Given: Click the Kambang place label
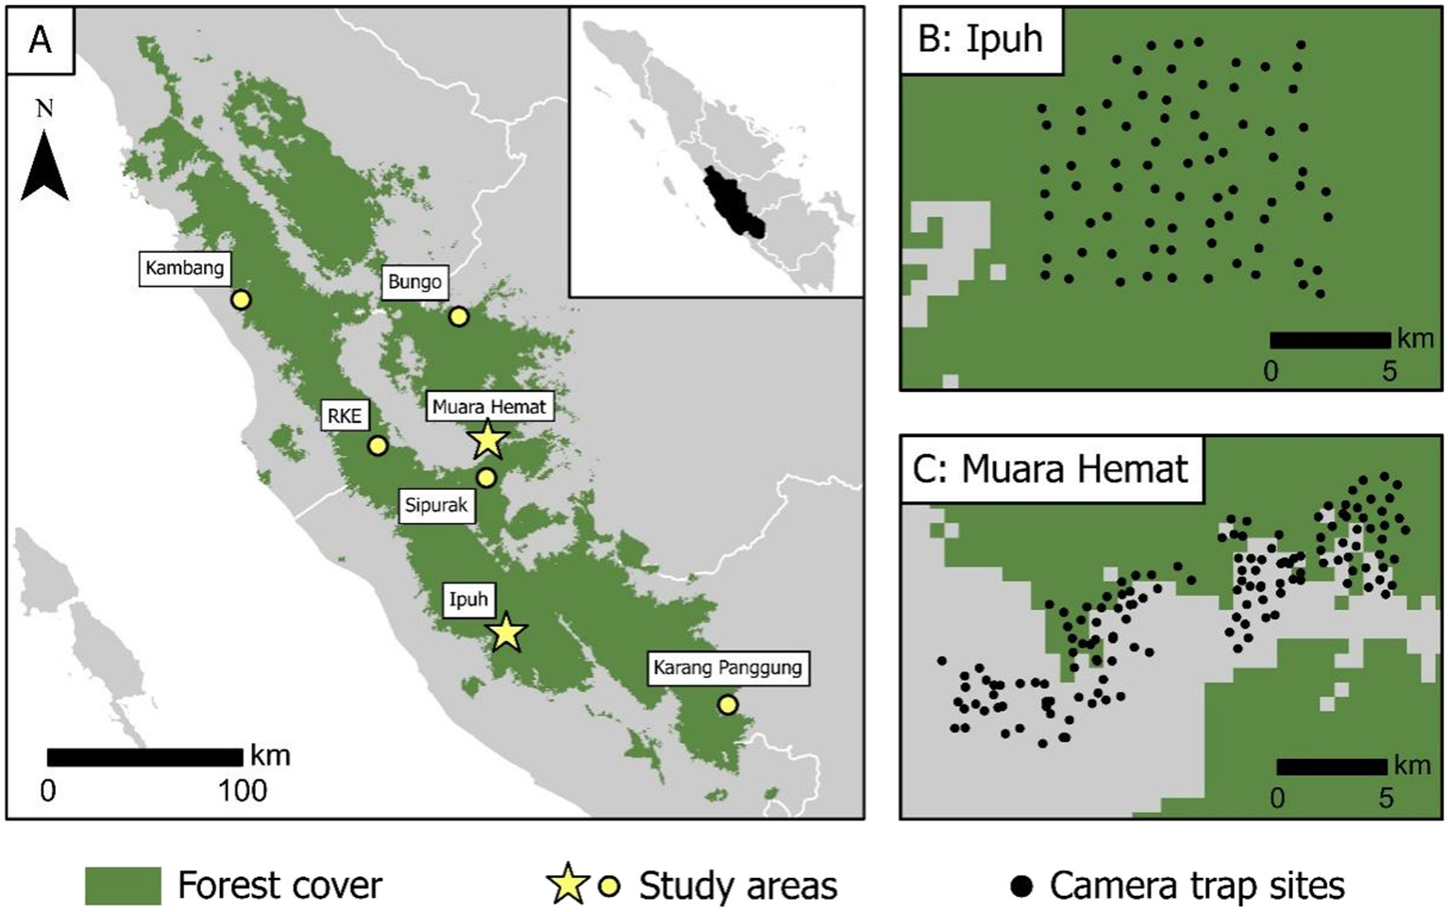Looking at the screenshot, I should click(185, 268).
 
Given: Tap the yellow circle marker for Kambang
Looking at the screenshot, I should click(241, 299).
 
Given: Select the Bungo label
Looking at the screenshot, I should click(414, 281).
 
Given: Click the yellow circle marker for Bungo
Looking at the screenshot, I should click(459, 316).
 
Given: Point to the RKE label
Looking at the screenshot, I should click(345, 415).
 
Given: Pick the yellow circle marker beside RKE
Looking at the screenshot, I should click(378, 446).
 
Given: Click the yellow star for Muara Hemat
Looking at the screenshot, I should click(487, 439).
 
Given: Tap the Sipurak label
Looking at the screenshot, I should click(436, 505).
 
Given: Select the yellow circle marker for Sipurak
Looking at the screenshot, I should click(486, 478).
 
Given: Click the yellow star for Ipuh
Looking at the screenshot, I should click(507, 633).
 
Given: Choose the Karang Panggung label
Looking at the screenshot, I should click(727, 667).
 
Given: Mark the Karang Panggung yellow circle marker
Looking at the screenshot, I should click(728, 704).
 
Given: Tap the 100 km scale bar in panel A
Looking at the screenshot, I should click(144, 757).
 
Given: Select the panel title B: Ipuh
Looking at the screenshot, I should click(981, 41).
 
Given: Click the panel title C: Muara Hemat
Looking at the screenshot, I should click(1051, 469).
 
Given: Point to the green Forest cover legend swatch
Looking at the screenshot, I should click(123, 886).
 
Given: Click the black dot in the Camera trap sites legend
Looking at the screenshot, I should click(1021, 886).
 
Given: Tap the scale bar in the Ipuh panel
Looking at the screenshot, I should click(1330, 340).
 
